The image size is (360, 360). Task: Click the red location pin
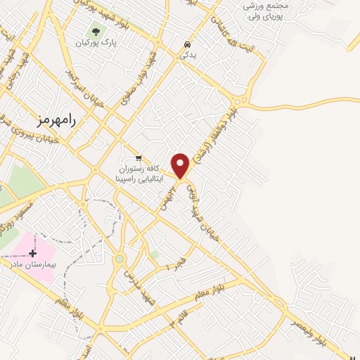tap(181, 165)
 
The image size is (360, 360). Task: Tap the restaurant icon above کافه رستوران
tap(139, 157)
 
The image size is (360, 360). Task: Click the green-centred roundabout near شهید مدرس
tap(120, 259)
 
